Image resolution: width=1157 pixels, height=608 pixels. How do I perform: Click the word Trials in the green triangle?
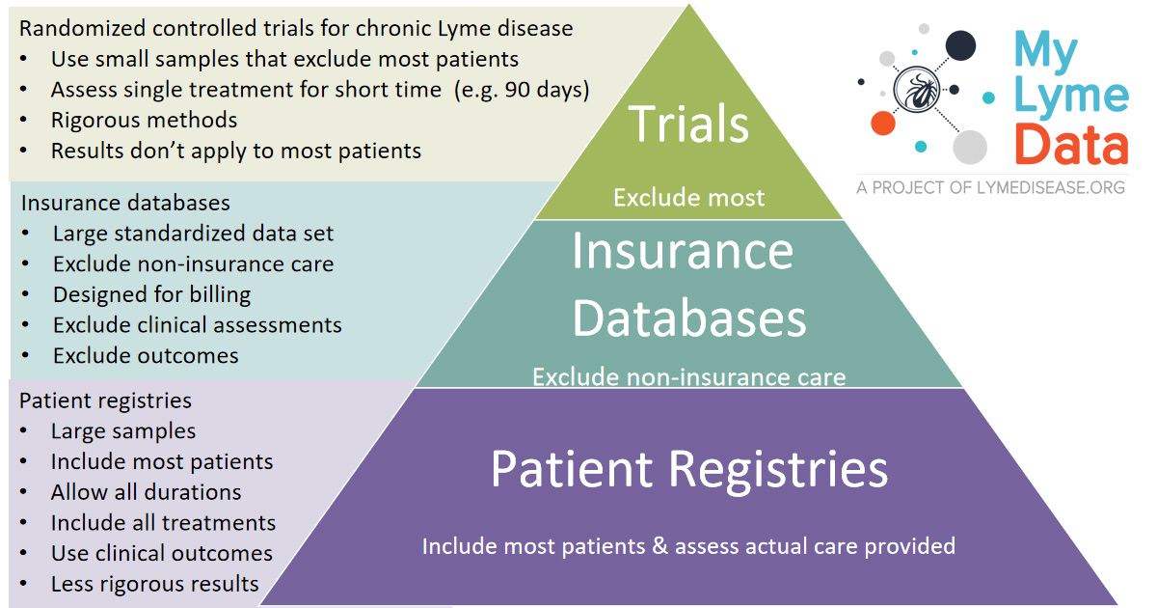tap(688, 124)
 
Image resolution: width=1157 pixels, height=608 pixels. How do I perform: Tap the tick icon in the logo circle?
tap(917, 90)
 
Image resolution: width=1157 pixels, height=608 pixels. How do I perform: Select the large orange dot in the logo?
tap(883, 124)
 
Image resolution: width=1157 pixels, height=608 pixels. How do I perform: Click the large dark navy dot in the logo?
tap(960, 45)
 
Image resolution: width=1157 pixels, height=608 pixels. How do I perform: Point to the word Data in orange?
tap(1071, 144)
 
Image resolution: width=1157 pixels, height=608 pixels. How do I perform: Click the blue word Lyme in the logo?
tap(1071, 96)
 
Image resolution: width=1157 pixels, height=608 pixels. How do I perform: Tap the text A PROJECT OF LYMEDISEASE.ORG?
tap(990, 187)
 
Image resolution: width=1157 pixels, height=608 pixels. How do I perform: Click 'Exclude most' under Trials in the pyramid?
tap(688, 198)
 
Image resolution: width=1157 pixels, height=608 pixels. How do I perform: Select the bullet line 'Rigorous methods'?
tap(144, 121)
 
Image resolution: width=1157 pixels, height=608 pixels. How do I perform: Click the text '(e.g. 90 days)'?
tap(522, 90)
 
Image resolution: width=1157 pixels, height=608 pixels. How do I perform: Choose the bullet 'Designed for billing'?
tap(152, 294)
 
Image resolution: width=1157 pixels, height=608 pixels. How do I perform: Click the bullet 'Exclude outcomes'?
tap(146, 356)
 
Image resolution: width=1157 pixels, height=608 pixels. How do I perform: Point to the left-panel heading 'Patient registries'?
tap(105, 401)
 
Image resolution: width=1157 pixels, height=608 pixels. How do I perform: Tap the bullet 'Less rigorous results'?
tap(154, 584)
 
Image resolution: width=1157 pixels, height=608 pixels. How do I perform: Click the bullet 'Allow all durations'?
tap(147, 492)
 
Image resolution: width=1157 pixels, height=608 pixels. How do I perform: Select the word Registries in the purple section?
tap(778, 470)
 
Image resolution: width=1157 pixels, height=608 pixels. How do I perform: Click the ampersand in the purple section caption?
tap(660, 546)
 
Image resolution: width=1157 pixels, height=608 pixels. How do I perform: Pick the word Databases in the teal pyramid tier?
tap(689, 318)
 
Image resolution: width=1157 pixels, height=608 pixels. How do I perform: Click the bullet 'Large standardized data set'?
tap(193, 234)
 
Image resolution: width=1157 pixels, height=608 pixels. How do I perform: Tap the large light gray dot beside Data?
tap(970, 147)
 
